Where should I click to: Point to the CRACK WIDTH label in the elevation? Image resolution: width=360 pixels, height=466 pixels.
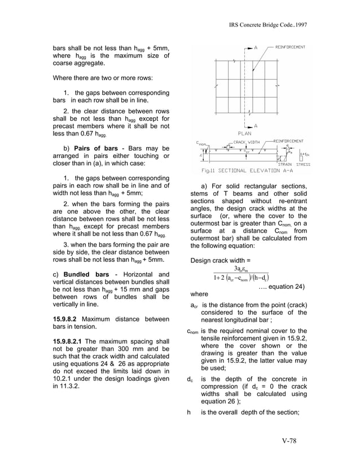247,142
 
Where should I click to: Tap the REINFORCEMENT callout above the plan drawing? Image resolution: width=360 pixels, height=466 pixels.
290,47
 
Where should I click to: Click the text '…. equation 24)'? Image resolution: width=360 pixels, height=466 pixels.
282,287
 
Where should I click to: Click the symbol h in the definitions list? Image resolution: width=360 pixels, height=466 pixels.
188,411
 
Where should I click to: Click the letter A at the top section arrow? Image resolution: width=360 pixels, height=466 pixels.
256,48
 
